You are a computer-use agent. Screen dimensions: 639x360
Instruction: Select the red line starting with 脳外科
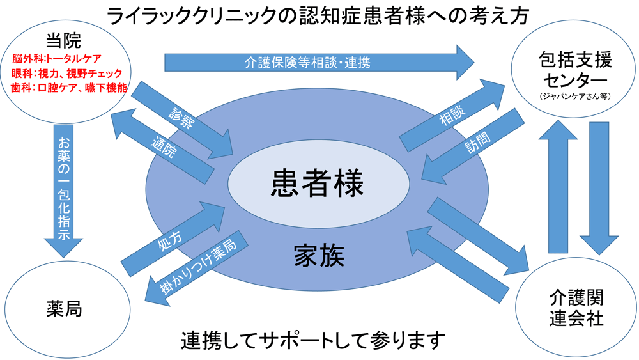click(x=57, y=59)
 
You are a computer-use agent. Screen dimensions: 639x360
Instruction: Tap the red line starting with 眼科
click(x=67, y=74)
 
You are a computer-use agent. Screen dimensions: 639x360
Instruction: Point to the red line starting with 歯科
click(x=69, y=88)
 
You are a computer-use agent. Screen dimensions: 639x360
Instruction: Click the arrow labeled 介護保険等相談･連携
click(x=319, y=63)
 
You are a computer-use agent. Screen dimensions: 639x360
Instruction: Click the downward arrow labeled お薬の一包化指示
click(x=63, y=191)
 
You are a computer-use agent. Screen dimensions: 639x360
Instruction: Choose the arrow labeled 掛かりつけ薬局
click(x=196, y=269)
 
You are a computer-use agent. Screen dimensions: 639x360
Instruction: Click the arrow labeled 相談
click(x=452, y=115)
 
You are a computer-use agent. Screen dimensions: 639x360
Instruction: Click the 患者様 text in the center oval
click(x=318, y=184)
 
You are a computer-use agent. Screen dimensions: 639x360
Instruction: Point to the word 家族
click(x=319, y=256)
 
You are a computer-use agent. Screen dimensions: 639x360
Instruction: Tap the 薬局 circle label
click(x=64, y=309)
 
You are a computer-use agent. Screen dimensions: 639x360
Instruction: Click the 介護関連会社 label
click(x=576, y=308)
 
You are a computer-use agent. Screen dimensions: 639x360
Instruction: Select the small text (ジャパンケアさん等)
click(x=575, y=97)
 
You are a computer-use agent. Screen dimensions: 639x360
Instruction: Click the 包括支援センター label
click(x=575, y=70)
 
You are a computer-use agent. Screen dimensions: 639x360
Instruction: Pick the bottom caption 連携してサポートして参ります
click(x=313, y=340)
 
